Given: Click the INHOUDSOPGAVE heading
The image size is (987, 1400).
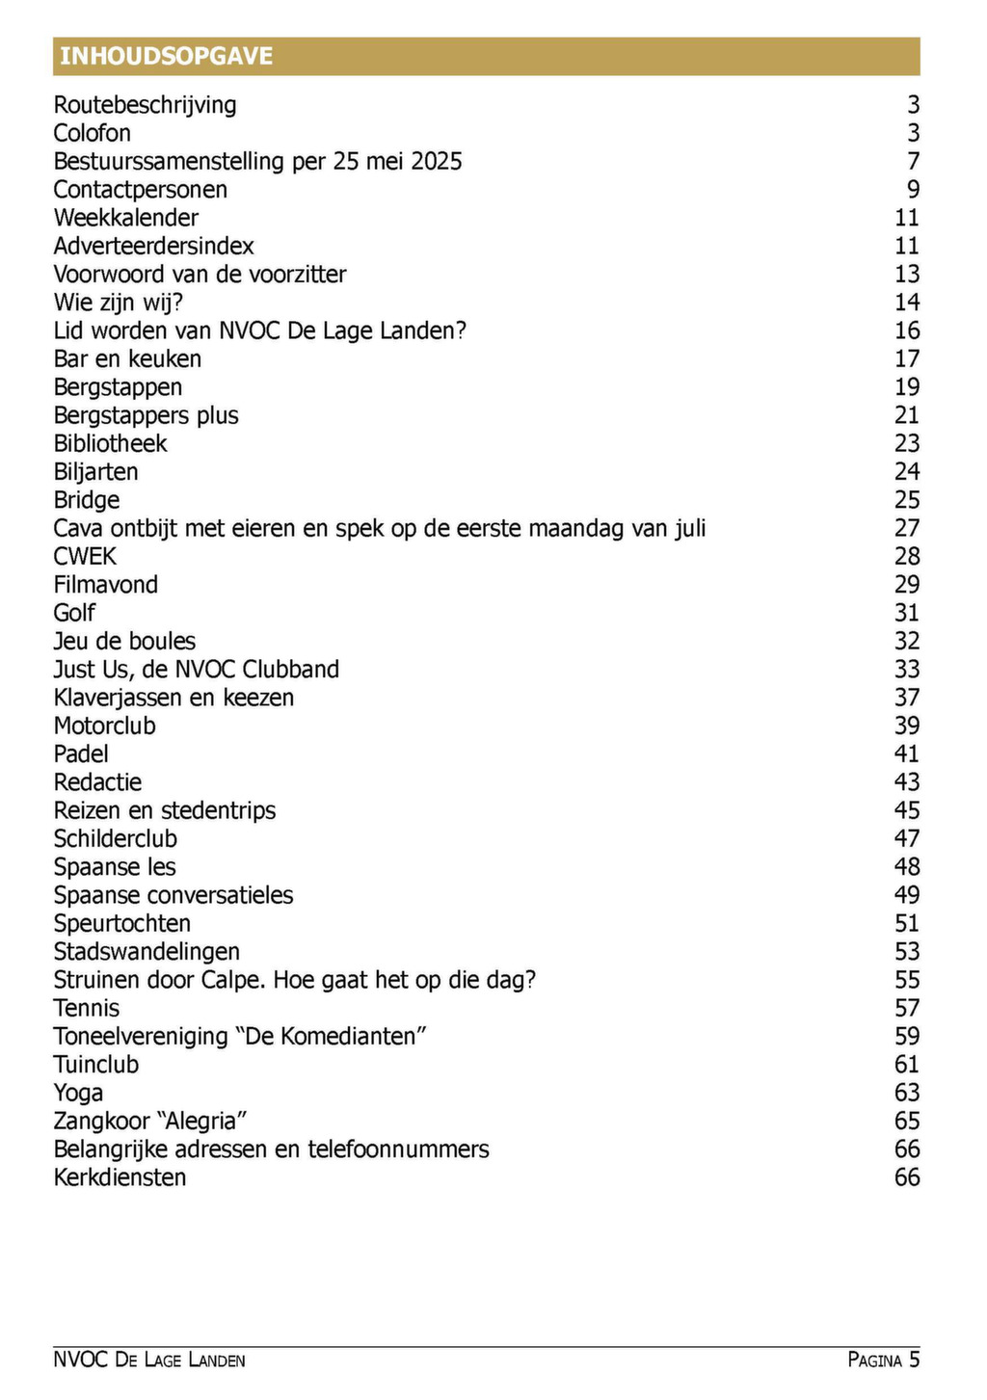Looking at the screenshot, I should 167,56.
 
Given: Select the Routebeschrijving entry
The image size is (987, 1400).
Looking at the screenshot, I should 145,105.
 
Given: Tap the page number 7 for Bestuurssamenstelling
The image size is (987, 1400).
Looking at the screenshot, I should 913,161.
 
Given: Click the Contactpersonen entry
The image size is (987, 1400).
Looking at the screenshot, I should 141,190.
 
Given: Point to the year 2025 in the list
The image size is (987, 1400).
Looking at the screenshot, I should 437,161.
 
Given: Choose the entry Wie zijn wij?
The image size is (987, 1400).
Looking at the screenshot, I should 118,303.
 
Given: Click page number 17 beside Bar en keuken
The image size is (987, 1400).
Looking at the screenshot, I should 907,359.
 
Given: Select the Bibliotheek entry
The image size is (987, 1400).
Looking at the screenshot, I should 110,444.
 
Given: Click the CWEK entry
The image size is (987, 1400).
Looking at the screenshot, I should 85,557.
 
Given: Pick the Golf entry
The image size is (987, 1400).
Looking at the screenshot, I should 74,613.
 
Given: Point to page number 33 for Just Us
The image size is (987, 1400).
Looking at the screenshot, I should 907,670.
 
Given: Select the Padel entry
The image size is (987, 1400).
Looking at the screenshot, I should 81,754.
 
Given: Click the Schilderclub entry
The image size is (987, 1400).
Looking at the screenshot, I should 116,839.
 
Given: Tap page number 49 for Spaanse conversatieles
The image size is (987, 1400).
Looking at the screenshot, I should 907,895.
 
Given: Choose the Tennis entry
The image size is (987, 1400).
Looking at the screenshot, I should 87,1009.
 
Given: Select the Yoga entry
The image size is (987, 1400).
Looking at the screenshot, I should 78,1094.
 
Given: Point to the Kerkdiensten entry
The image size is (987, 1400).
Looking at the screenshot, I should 120,1177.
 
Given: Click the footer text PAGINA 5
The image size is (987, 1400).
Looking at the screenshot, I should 884,1360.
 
